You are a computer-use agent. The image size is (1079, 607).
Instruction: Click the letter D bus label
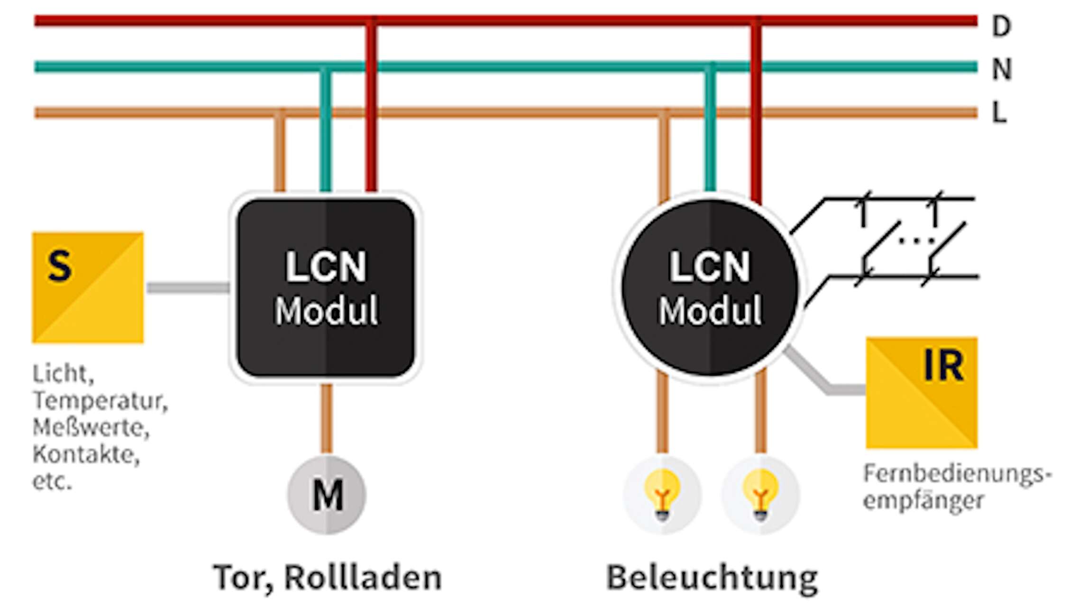click(x=1001, y=26)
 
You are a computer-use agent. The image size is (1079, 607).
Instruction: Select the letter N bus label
click(x=1002, y=69)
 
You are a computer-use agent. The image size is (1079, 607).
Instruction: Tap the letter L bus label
click(x=999, y=113)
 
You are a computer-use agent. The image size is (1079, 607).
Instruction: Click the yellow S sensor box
click(x=88, y=287)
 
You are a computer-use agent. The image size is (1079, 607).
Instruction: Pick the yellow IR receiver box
click(x=921, y=393)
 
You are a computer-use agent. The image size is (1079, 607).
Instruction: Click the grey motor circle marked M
click(x=327, y=495)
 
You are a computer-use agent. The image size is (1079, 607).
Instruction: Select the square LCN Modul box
click(x=326, y=288)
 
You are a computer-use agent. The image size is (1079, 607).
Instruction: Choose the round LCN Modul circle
click(x=710, y=288)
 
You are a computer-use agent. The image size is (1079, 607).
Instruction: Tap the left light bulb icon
click(x=662, y=495)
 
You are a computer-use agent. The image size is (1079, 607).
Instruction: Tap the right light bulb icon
click(x=760, y=495)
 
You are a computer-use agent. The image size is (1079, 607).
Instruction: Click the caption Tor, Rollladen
click(x=327, y=578)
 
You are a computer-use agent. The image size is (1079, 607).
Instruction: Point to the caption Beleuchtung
click(x=712, y=578)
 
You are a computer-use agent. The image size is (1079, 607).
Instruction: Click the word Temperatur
click(x=100, y=401)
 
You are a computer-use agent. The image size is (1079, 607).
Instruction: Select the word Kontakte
click(x=86, y=455)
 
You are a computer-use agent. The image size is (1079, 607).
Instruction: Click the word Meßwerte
click(x=91, y=428)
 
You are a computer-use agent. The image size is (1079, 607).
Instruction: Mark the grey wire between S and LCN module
click(x=188, y=288)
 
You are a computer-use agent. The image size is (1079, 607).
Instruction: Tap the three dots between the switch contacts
click(x=916, y=241)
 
